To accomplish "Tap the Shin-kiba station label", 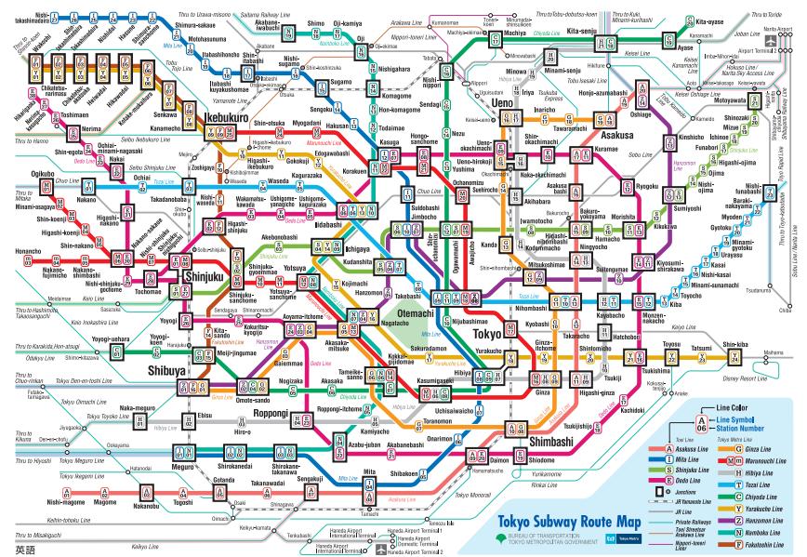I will pos(734,344).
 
